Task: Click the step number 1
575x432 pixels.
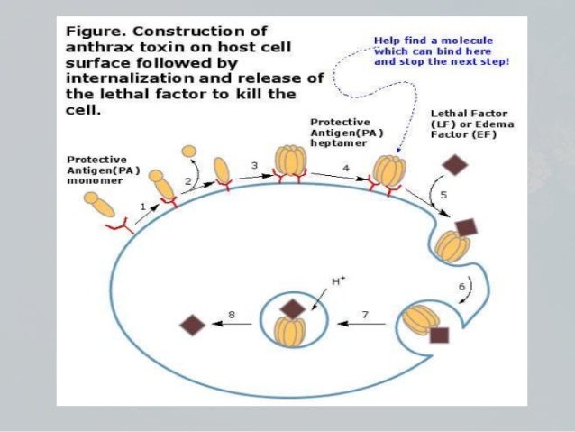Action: pyautogui.click(x=142, y=207)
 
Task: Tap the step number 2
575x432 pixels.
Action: pyautogui.click(x=187, y=181)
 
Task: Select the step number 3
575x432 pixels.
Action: pyautogui.click(x=255, y=166)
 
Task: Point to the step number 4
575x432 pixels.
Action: pyautogui.click(x=346, y=168)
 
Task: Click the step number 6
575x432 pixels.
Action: pyautogui.click(x=462, y=286)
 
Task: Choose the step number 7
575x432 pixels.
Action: pyautogui.click(x=366, y=313)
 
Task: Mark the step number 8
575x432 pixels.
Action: pyautogui.click(x=232, y=314)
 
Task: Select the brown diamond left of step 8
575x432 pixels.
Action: pyautogui.click(x=193, y=325)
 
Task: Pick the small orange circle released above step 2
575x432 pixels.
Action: pyautogui.click(x=188, y=151)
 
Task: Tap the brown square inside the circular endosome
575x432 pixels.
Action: pyautogui.click(x=293, y=308)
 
